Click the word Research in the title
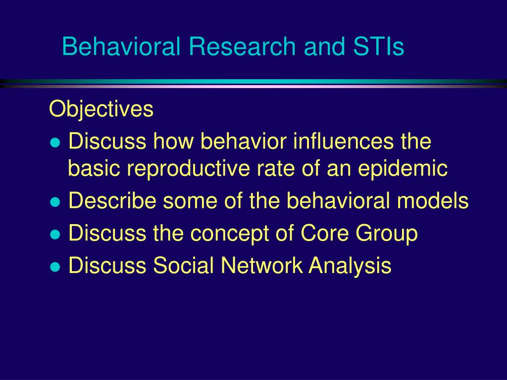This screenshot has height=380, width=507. (242, 46)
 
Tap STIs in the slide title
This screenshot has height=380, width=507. (378, 46)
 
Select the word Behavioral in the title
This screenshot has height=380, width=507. (121, 46)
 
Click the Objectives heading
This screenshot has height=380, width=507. (101, 109)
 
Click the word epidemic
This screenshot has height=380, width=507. (403, 169)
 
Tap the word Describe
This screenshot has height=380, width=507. (112, 201)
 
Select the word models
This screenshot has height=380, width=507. (433, 201)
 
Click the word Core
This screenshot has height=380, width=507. (325, 233)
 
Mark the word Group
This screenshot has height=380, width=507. (387, 234)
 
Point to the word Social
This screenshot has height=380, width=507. (183, 265)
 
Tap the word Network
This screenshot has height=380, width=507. (261, 265)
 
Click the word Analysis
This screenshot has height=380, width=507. (350, 266)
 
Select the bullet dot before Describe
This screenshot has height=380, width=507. (55, 202)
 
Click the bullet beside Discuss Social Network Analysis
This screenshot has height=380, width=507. (55, 267)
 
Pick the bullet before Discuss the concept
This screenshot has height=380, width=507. (55, 235)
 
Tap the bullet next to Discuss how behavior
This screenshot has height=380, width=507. (55, 143)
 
